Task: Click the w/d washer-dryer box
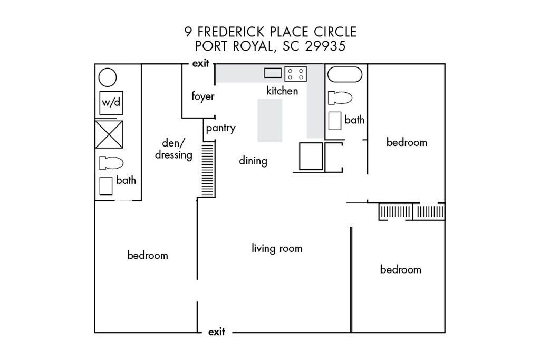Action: click(x=111, y=103)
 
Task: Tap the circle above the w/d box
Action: click(x=108, y=77)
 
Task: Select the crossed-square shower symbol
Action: click(x=109, y=134)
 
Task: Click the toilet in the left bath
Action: click(x=111, y=163)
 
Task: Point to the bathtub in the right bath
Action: click(x=345, y=75)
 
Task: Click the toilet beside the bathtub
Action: click(x=340, y=98)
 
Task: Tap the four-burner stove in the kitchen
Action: click(x=295, y=74)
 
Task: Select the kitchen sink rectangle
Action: click(x=273, y=73)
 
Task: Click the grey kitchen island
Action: click(x=270, y=121)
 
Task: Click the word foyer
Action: click(x=203, y=96)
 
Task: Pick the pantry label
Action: click(x=221, y=128)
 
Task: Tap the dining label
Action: click(x=253, y=161)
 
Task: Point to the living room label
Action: click(x=277, y=248)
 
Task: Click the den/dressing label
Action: click(x=173, y=149)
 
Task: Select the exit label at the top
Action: click(x=201, y=63)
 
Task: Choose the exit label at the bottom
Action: click(x=217, y=332)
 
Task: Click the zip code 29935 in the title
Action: click(x=325, y=46)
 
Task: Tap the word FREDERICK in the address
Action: click(x=231, y=32)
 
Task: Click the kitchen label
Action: click(x=282, y=91)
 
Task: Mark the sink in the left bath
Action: click(x=106, y=186)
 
